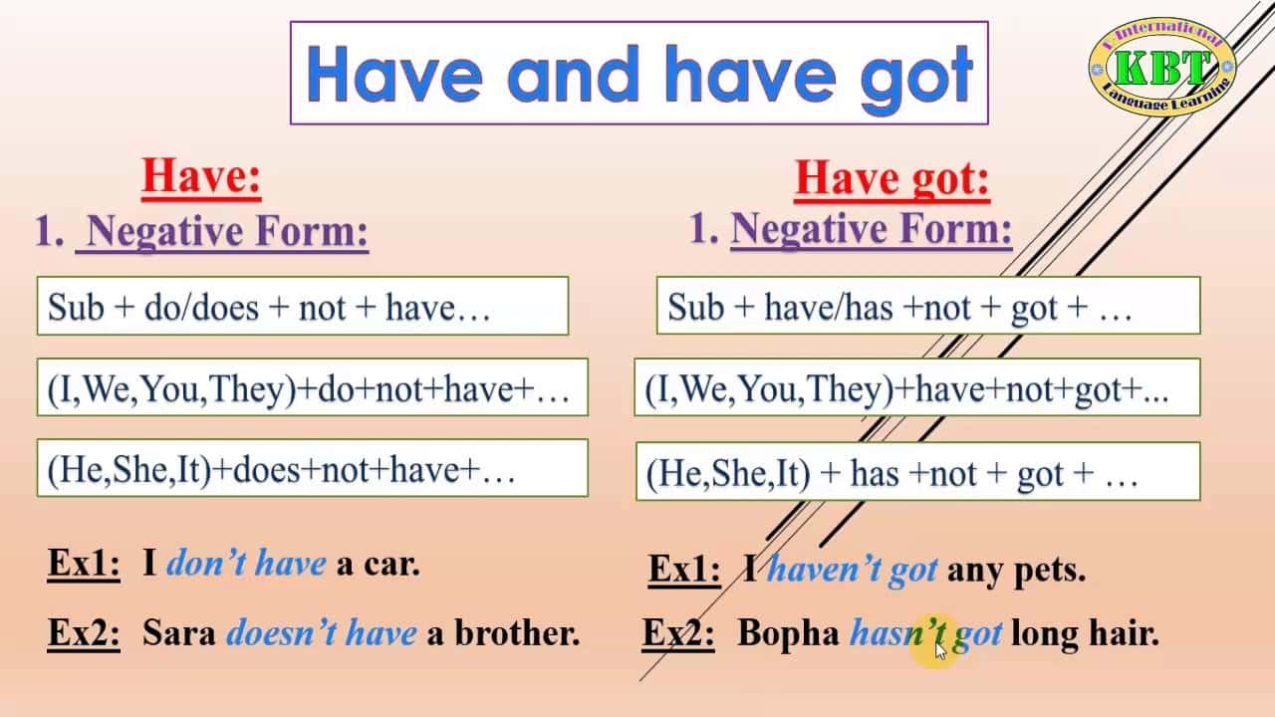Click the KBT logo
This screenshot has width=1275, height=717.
[x=1161, y=67]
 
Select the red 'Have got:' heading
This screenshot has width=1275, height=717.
[x=892, y=178]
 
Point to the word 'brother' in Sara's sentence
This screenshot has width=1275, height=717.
[x=517, y=631]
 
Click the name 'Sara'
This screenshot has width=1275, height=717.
[x=178, y=631]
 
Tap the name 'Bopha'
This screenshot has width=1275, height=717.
[x=788, y=632]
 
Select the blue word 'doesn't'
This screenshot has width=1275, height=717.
[x=281, y=631]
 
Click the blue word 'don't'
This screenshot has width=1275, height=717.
[x=205, y=564]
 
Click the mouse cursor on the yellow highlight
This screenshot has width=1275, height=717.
[x=940, y=651]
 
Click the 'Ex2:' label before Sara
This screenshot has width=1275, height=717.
[x=84, y=632]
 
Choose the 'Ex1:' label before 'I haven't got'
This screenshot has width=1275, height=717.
[x=684, y=569]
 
